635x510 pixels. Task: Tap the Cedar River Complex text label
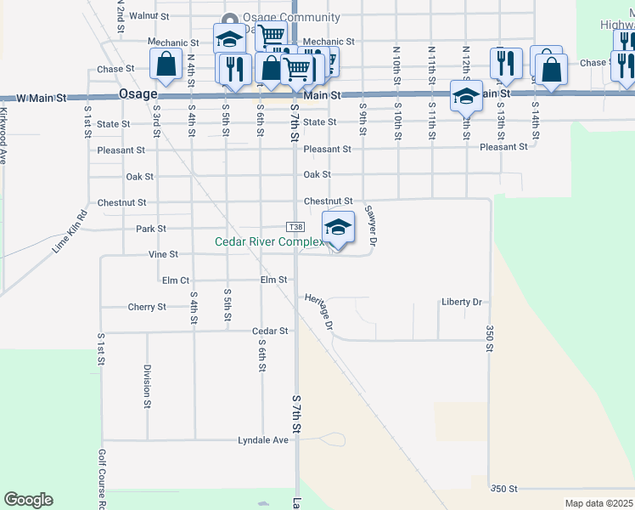[x=269, y=242]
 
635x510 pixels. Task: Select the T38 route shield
[x=295, y=228]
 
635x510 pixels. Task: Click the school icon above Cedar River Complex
[x=338, y=227]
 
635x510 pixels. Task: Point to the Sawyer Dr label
[x=370, y=224]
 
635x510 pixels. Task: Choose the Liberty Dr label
[x=461, y=302]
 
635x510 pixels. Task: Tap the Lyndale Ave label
[x=262, y=440]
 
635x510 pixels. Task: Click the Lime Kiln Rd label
[x=70, y=231]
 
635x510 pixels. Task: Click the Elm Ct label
[x=175, y=280]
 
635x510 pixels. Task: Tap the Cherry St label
[x=146, y=307]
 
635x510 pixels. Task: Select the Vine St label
[x=163, y=254]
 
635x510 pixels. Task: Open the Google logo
[x=28, y=500]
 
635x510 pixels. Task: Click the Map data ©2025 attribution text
[x=598, y=503]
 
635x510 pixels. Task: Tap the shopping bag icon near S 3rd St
[x=166, y=64]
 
